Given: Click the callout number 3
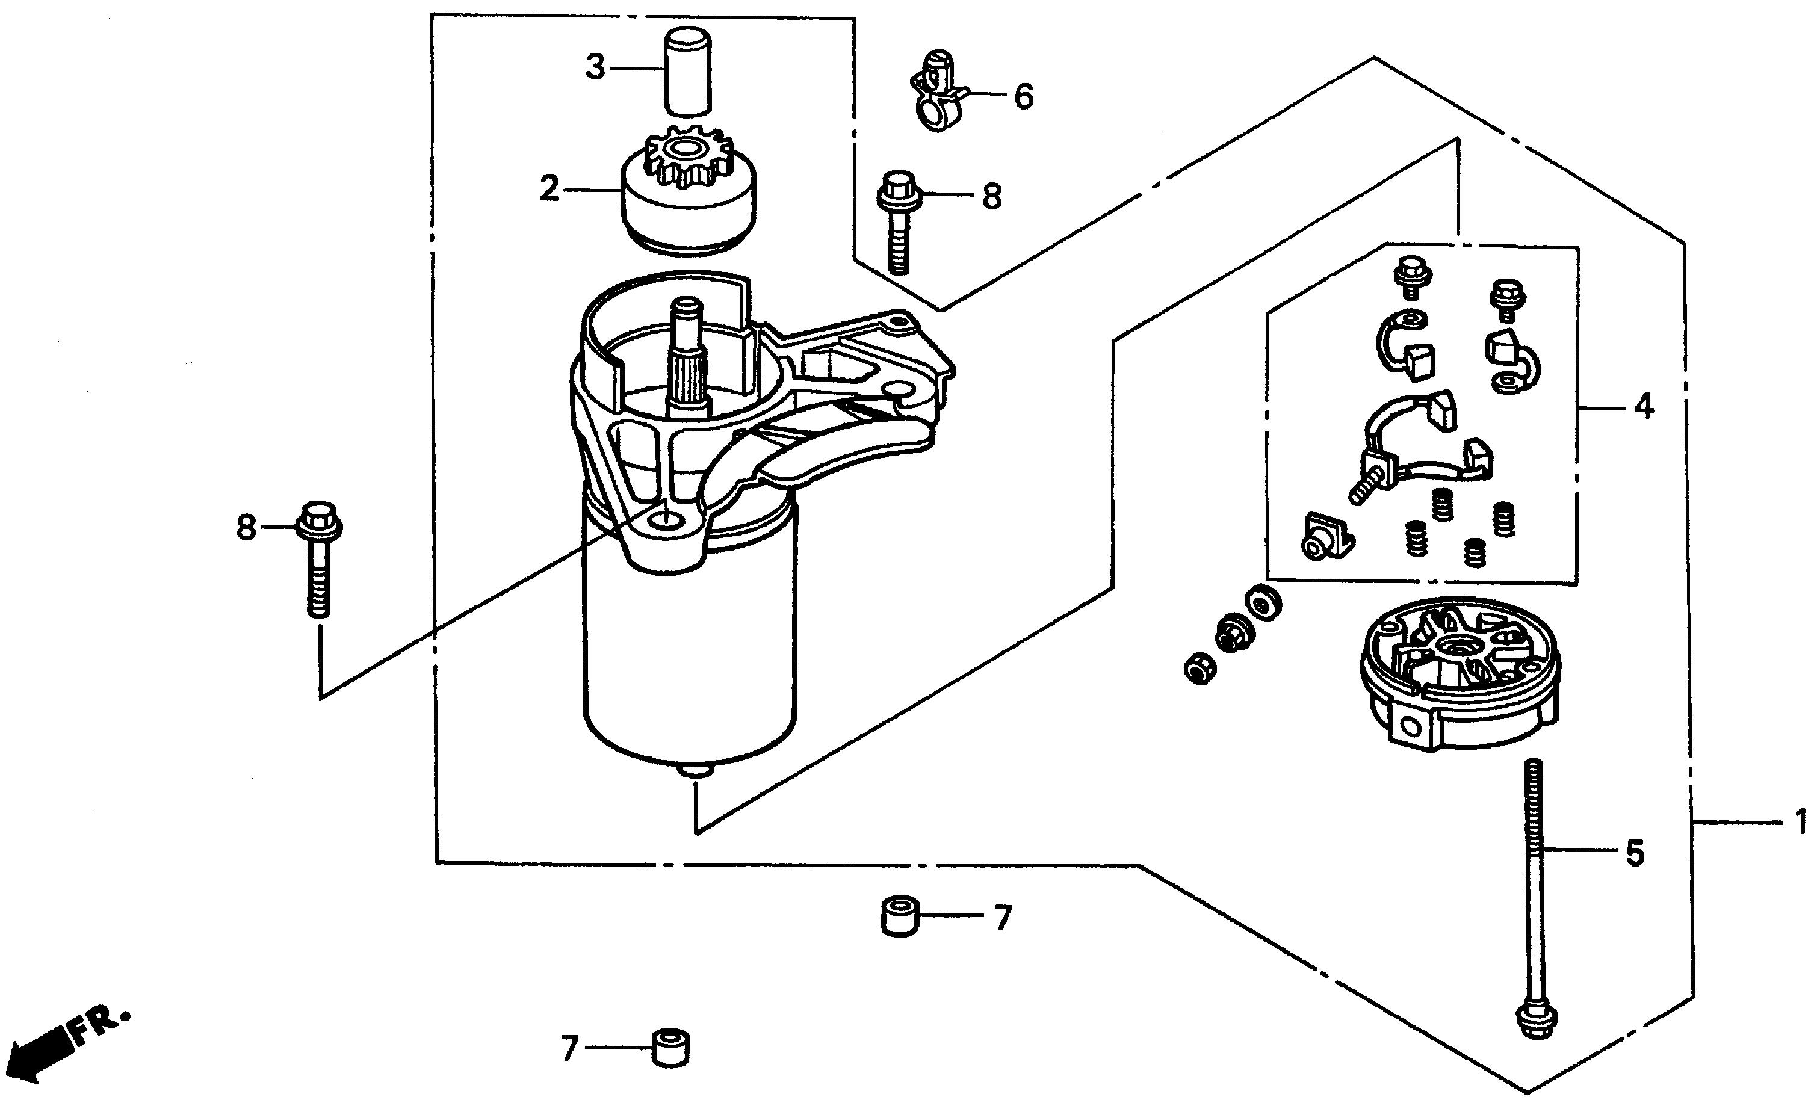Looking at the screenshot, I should click(595, 67).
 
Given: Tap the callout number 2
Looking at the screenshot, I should click(549, 189).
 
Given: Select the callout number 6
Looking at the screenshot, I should click(1024, 97).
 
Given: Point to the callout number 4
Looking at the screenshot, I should click(1644, 406).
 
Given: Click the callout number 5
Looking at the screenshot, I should click(1635, 853).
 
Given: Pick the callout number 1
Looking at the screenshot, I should click(1800, 821).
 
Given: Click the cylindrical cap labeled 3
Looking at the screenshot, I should click(688, 72).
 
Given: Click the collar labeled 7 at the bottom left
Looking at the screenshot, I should click(670, 1048).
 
